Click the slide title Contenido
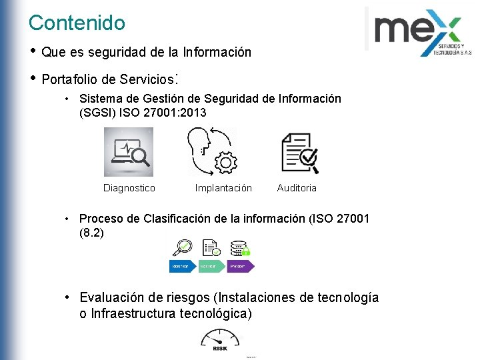77,23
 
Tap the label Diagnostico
129,188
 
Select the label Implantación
223,188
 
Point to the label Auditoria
297,188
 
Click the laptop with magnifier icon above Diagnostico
129,153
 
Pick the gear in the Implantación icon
227,162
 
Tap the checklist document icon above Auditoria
299,153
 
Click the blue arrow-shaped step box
182,266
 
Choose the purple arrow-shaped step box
241,266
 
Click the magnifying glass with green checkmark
181,248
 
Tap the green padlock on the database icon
245,251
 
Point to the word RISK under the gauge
219,348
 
